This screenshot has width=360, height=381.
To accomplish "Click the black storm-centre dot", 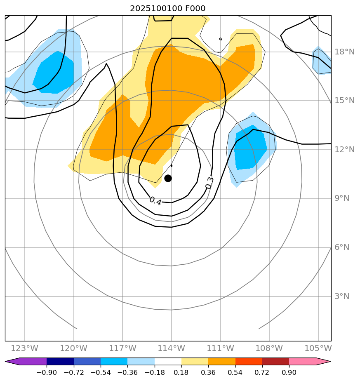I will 168,178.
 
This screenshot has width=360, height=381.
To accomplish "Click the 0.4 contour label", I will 155,201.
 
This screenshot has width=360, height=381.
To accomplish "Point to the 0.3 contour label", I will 209,183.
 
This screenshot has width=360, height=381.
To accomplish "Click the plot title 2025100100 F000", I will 167,8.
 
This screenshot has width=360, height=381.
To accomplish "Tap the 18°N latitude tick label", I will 344,52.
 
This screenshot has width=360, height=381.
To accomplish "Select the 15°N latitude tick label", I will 344,101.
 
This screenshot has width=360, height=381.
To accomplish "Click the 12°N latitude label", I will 344,150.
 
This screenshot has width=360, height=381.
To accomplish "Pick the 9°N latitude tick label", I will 342,198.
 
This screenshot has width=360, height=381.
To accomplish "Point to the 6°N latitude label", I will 342,247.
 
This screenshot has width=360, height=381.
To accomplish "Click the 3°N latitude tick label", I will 342,296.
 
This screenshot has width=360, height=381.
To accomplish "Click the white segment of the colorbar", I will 168,362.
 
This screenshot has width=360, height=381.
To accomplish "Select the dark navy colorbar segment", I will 60,362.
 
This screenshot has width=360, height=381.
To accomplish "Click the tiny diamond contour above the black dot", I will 172,166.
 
